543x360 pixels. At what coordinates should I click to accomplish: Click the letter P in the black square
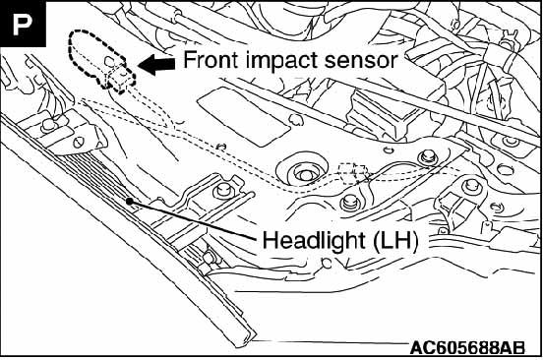23,24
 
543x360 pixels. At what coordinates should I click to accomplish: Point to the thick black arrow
156,65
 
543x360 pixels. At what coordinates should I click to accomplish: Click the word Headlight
314,241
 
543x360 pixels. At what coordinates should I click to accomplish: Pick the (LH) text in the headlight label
394,241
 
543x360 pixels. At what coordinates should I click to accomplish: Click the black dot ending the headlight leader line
129,201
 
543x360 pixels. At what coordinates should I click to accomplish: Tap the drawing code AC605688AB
467,348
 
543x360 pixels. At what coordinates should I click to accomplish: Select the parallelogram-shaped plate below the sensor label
243,116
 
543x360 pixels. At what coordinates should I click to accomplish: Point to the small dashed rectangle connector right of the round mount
352,172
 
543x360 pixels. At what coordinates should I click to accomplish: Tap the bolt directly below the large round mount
350,202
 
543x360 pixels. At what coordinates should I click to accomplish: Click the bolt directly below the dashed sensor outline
49,126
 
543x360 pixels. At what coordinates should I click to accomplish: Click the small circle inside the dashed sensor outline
110,62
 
